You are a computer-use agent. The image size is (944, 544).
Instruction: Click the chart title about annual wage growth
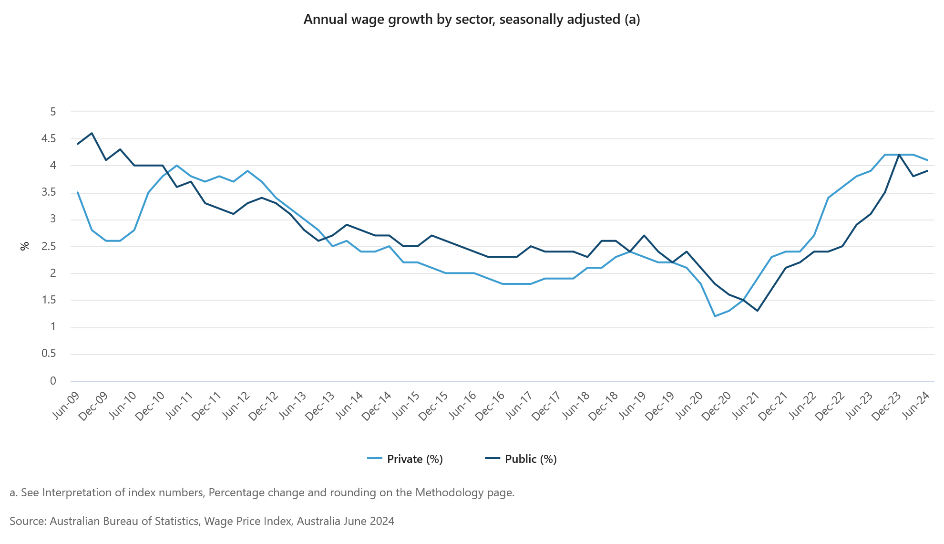pos(472,20)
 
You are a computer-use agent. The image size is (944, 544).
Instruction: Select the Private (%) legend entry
pos(405,459)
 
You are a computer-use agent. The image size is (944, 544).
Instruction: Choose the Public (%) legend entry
pos(521,459)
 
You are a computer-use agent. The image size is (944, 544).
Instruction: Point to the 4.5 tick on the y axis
pos(48,139)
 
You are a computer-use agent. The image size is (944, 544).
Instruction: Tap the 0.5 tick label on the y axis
pos(48,354)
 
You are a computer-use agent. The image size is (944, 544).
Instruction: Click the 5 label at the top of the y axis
pos(53,112)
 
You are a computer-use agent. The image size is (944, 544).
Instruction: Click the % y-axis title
pos(24,246)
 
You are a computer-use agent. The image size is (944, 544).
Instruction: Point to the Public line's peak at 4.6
pos(92,133)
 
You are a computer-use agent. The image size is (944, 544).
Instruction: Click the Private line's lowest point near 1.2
pos(715,316)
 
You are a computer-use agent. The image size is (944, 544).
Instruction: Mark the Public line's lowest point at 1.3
pos(757,311)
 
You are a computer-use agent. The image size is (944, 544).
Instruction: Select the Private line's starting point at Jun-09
pos(78,192)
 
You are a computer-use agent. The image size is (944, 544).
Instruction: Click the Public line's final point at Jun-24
pos(927,171)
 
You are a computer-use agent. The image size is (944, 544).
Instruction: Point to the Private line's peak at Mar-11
pos(177,166)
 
